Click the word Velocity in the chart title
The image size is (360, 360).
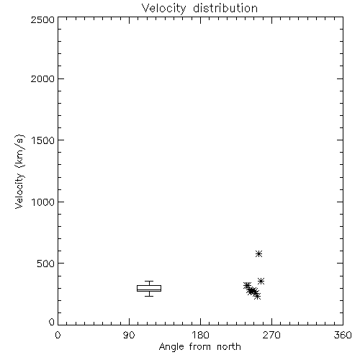coord(163,9)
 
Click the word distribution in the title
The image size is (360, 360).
coord(225,8)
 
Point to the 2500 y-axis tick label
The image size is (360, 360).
coord(42,19)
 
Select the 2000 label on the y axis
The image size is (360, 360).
coord(42,78)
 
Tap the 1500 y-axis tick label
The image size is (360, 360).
coord(43,140)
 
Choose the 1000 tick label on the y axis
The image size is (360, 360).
coord(43,202)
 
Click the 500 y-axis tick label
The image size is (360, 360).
coord(46,264)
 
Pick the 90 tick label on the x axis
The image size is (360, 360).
coord(129,335)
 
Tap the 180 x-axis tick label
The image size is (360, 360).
coord(200,335)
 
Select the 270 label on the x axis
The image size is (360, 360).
coord(271,335)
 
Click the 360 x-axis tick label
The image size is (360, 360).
coord(343,335)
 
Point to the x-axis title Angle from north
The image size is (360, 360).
coord(200,347)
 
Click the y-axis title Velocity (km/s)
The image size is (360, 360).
coord(19,171)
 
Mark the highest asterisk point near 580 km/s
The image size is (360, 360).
coord(258,253)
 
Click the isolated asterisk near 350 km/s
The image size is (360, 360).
coord(261,281)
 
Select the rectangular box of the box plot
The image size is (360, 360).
coord(149,286)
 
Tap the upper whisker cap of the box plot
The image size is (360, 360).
coord(149,282)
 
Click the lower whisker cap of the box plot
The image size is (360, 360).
coord(149,296)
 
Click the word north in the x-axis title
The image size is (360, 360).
coord(229,346)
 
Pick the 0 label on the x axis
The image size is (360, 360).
coord(58,335)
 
